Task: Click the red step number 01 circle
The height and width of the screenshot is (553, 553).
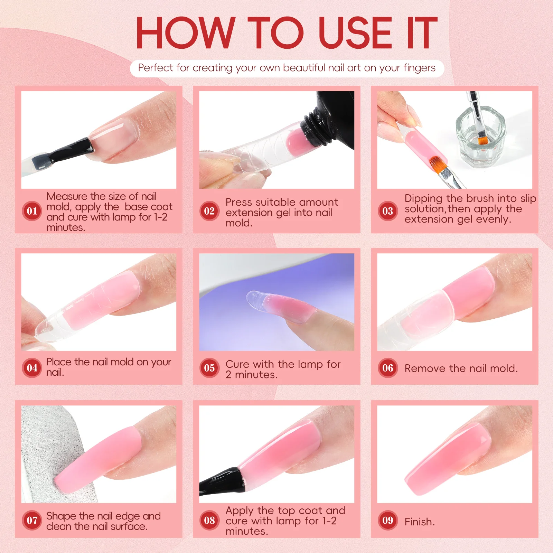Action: [32, 211]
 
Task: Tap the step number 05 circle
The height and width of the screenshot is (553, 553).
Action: [209, 368]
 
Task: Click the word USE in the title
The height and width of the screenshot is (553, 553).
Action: [356, 33]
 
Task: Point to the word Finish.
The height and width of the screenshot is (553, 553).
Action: [419, 522]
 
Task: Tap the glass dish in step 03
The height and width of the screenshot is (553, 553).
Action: [480, 138]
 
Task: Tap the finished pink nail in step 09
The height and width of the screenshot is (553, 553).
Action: [449, 456]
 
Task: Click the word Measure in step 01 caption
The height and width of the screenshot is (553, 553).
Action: [67, 196]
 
